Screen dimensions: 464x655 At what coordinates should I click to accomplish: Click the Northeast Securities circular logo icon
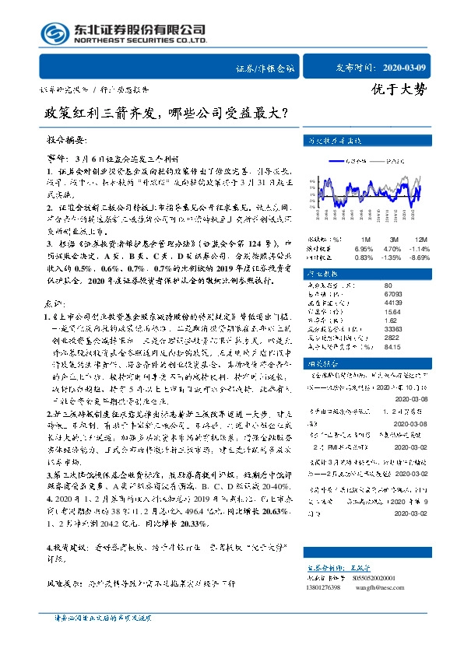(51, 32)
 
